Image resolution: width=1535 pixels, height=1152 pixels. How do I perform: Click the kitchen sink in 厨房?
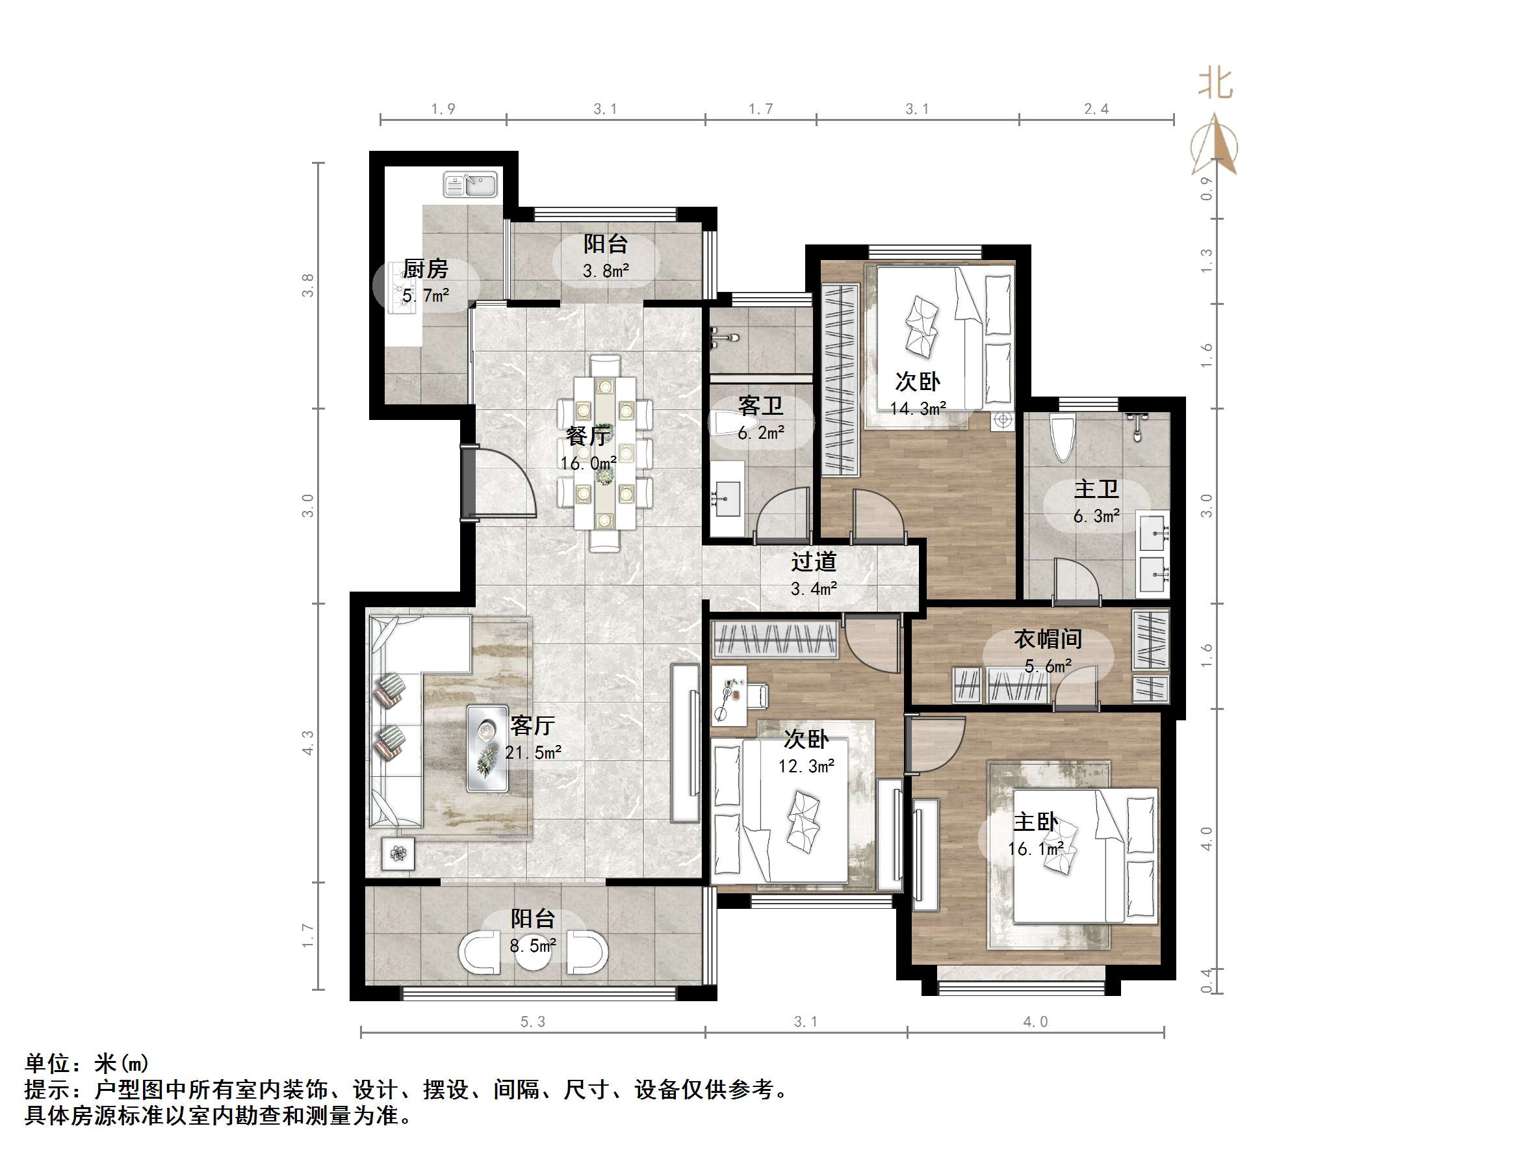click(471, 185)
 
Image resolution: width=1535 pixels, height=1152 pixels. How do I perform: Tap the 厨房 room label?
click(426, 268)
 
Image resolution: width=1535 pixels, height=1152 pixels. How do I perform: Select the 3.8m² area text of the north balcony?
click(606, 271)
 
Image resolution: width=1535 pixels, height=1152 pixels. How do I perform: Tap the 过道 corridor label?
click(814, 561)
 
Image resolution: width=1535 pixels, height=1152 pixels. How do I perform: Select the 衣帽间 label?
click(1048, 639)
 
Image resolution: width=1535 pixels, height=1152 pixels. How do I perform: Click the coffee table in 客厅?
click(487, 748)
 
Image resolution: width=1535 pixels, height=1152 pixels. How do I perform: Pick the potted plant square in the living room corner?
click(398, 853)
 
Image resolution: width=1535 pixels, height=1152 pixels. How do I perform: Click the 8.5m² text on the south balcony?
click(533, 946)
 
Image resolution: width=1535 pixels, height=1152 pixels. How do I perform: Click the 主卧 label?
click(1035, 822)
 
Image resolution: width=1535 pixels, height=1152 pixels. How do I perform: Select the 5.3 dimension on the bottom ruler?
click(533, 1021)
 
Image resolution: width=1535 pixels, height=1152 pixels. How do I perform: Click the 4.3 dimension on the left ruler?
click(307, 742)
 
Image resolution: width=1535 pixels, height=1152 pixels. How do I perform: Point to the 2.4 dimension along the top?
click(1096, 109)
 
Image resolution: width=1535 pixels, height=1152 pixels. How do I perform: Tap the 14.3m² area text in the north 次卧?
click(918, 408)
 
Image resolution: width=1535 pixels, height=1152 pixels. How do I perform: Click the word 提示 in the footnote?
click(47, 1090)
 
